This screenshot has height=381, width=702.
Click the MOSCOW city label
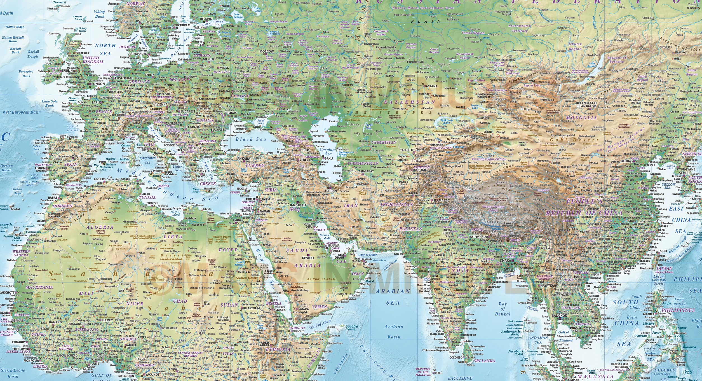[266, 52]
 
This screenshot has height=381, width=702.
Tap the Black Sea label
[247, 139]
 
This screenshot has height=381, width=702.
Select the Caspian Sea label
[327, 152]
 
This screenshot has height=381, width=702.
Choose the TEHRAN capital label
[331, 191]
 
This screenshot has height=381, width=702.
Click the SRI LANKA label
[484, 361]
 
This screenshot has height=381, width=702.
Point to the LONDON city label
[98, 84]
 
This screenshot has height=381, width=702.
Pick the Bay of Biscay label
[72, 128]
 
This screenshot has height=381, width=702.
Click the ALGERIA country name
[100, 227]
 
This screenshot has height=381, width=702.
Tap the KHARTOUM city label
[252, 308]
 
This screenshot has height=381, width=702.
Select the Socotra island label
[352, 326]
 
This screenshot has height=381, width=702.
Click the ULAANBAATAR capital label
[586, 104]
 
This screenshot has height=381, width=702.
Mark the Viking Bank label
[99, 14]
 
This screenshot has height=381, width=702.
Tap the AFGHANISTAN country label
[396, 205]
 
